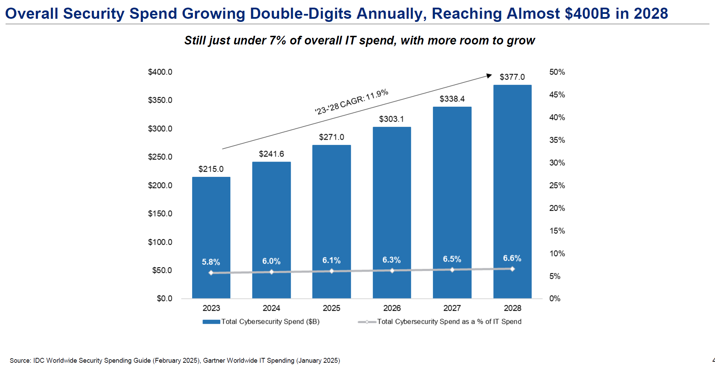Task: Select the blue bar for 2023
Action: (x=211, y=222)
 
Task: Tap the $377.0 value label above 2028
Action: (x=512, y=77)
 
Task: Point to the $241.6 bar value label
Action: (x=271, y=154)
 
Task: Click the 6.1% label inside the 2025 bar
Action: (x=331, y=260)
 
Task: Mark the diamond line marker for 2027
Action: (x=452, y=270)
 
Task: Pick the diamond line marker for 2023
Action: (x=211, y=273)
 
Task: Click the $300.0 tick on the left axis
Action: (x=160, y=129)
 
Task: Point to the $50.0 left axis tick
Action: (x=162, y=270)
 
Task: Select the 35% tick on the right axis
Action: (x=557, y=140)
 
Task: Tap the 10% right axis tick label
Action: (x=557, y=254)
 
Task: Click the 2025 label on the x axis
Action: (x=331, y=308)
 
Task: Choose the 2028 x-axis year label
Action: (x=512, y=308)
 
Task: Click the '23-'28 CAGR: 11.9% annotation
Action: (x=352, y=101)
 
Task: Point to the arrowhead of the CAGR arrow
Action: (x=490, y=75)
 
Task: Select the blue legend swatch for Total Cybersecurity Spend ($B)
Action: (x=211, y=322)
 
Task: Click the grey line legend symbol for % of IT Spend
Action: (x=367, y=322)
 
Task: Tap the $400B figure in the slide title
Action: (x=587, y=14)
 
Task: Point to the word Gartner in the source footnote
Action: (x=215, y=360)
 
